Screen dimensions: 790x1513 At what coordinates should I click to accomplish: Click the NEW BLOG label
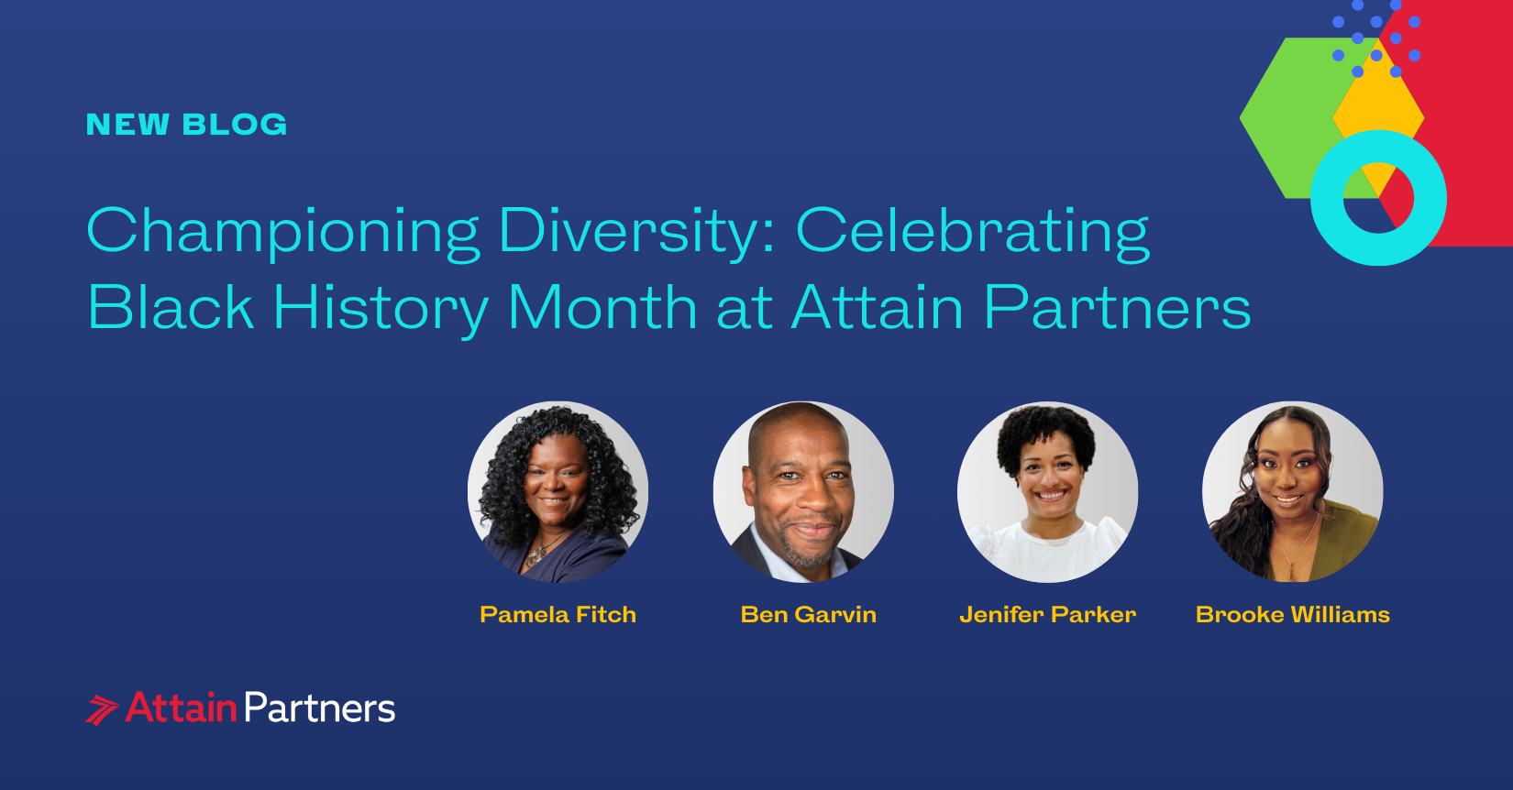[186, 125]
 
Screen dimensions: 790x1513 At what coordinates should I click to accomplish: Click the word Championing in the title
[282, 231]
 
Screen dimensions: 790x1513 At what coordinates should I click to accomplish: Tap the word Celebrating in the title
[972, 231]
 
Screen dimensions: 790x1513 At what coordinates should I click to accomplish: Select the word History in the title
[381, 308]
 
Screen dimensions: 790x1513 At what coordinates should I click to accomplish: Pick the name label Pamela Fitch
[558, 615]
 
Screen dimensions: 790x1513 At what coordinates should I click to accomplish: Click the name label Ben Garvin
[808, 615]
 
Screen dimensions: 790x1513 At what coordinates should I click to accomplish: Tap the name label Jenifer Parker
[1047, 615]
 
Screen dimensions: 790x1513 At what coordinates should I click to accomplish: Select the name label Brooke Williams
[1292, 615]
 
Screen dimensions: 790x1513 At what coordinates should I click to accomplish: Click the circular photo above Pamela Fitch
[558, 492]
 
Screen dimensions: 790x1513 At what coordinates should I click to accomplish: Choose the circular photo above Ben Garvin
[803, 492]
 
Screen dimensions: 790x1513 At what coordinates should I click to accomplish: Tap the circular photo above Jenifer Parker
[1047, 492]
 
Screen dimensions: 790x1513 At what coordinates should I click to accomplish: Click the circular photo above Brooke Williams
[1292, 492]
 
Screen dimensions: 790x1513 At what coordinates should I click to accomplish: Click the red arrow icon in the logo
[102, 710]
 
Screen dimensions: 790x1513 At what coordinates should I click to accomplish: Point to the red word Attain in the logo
[182, 708]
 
